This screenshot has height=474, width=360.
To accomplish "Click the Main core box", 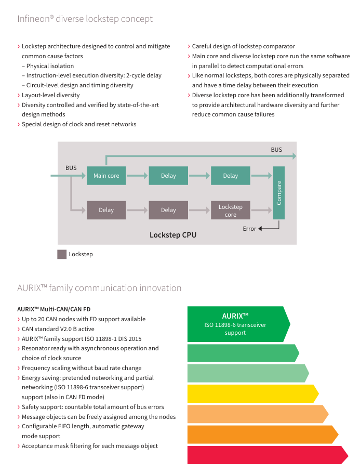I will pos(106,176).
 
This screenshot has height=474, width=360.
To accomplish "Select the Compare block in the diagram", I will pos(279,192).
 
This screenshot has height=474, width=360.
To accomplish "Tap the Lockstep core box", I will pos(230,210).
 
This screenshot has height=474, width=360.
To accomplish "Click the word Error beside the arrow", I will pos(249,229).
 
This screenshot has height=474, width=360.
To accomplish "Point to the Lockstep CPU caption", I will pos(173,235).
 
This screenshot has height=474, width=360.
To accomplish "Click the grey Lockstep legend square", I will pos(62,254).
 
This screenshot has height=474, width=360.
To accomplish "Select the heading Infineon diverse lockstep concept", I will pos(85,19).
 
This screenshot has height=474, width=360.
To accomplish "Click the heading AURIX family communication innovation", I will pos(99,288).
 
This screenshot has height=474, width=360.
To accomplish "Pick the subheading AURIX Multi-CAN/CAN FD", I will pos(54,309).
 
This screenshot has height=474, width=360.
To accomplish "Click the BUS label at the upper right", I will pos(276,150).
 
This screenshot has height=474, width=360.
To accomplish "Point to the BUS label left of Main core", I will pos(71,168).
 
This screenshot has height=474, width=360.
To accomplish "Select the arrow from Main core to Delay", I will pos(137,176).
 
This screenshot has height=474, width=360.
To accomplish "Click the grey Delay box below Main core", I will pos(106,210).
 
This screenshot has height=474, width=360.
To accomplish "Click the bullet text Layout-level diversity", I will pos(50,95).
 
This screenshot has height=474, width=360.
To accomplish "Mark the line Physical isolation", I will pos(50,66).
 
